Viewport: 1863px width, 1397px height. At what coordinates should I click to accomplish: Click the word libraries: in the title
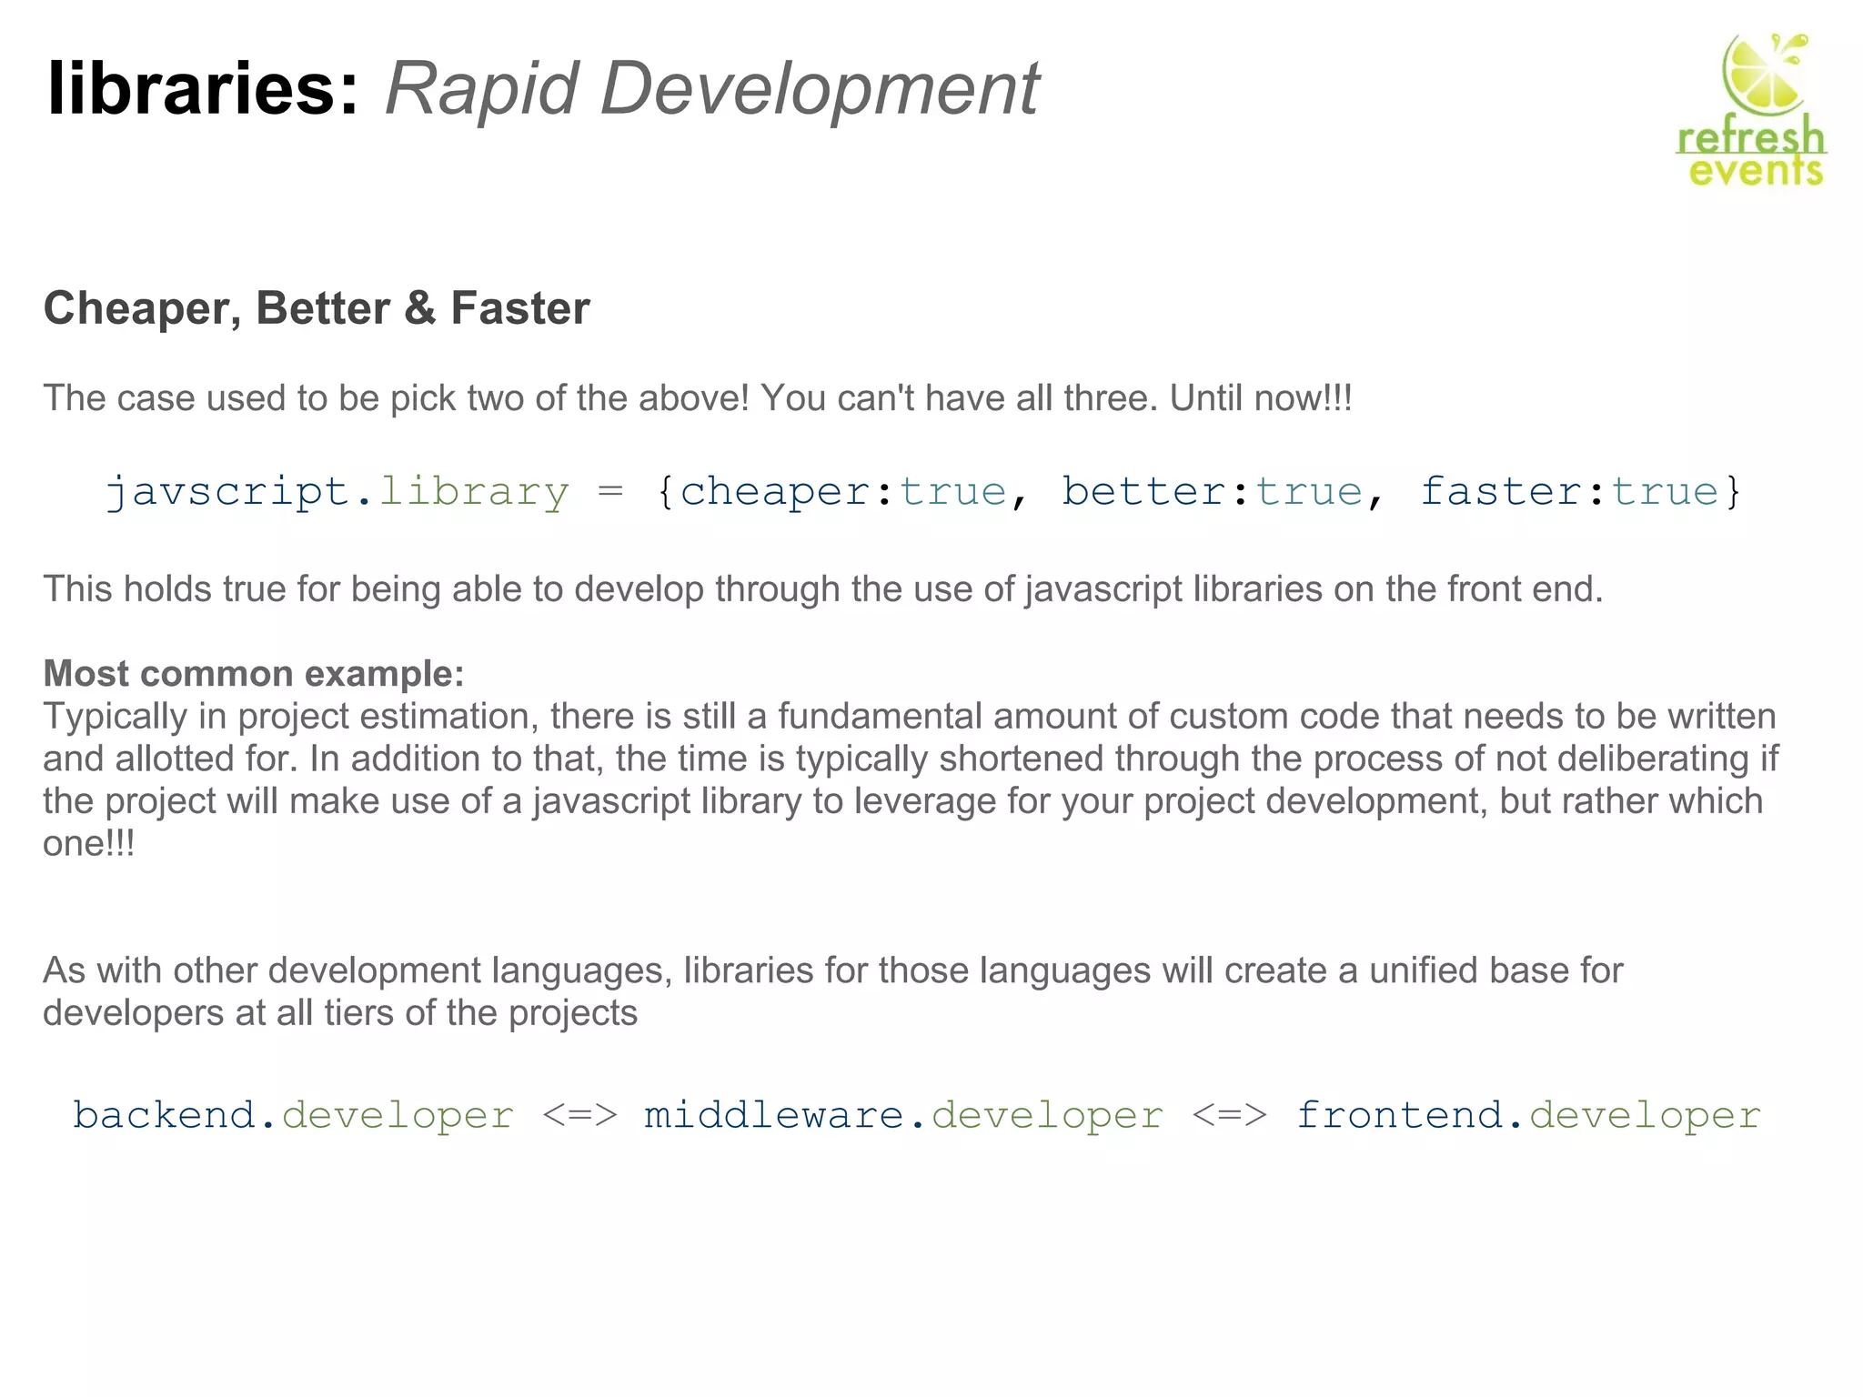pyautogui.click(x=203, y=89)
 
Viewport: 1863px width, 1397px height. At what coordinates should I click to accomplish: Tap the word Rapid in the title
pyautogui.click(x=482, y=89)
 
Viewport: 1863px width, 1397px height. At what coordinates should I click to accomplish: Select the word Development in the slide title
pyautogui.click(x=819, y=89)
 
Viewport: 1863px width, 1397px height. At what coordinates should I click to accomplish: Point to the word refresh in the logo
pyautogui.click(x=1751, y=138)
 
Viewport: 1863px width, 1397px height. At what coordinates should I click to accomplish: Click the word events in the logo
pyautogui.click(x=1756, y=170)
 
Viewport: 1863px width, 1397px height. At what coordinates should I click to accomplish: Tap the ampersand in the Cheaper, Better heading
pyautogui.click(x=419, y=308)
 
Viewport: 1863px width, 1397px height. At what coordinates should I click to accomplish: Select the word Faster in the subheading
pyautogui.click(x=520, y=308)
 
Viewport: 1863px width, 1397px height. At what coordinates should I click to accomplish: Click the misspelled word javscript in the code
pyautogui.click(x=228, y=492)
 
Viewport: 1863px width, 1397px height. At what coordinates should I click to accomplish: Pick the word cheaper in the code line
pyautogui.click(x=776, y=492)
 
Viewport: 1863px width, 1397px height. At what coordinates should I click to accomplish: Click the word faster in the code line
pyautogui.click(x=1501, y=492)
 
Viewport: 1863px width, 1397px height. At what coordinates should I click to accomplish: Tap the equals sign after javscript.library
pyautogui.click(x=610, y=492)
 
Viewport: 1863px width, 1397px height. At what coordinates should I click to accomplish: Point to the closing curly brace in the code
pyautogui.click(x=1733, y=492)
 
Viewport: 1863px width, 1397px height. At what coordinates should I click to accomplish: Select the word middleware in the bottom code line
pyautogui.click(x=774, y=1115)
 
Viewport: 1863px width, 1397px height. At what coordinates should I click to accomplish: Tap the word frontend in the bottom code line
pyautogui.click(x=1401, y=1115)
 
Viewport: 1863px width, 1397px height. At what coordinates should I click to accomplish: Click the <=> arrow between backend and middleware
pyautogui.click(x=579, y=1115)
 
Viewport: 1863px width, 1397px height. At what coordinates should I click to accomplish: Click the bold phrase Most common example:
pyautogui.click(x=254, y=674)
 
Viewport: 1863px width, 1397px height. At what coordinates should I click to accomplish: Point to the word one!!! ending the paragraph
pyautogui.click(x=89, y=843)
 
